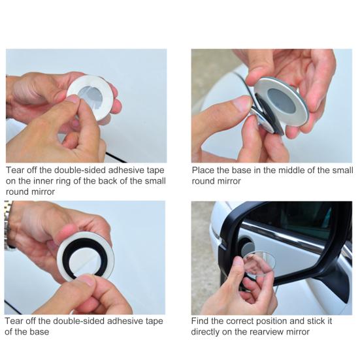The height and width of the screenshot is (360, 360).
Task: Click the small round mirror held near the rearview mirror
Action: coord(259,263)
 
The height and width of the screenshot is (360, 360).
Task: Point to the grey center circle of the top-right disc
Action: coord(281,100)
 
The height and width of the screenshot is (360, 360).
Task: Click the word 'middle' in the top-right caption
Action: coord(291,171)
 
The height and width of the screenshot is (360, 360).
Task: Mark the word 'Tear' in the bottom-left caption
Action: coord(14,321)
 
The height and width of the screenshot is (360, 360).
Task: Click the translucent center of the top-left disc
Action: coord(91,96)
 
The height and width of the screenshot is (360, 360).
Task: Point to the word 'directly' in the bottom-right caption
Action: coord(205,332)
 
